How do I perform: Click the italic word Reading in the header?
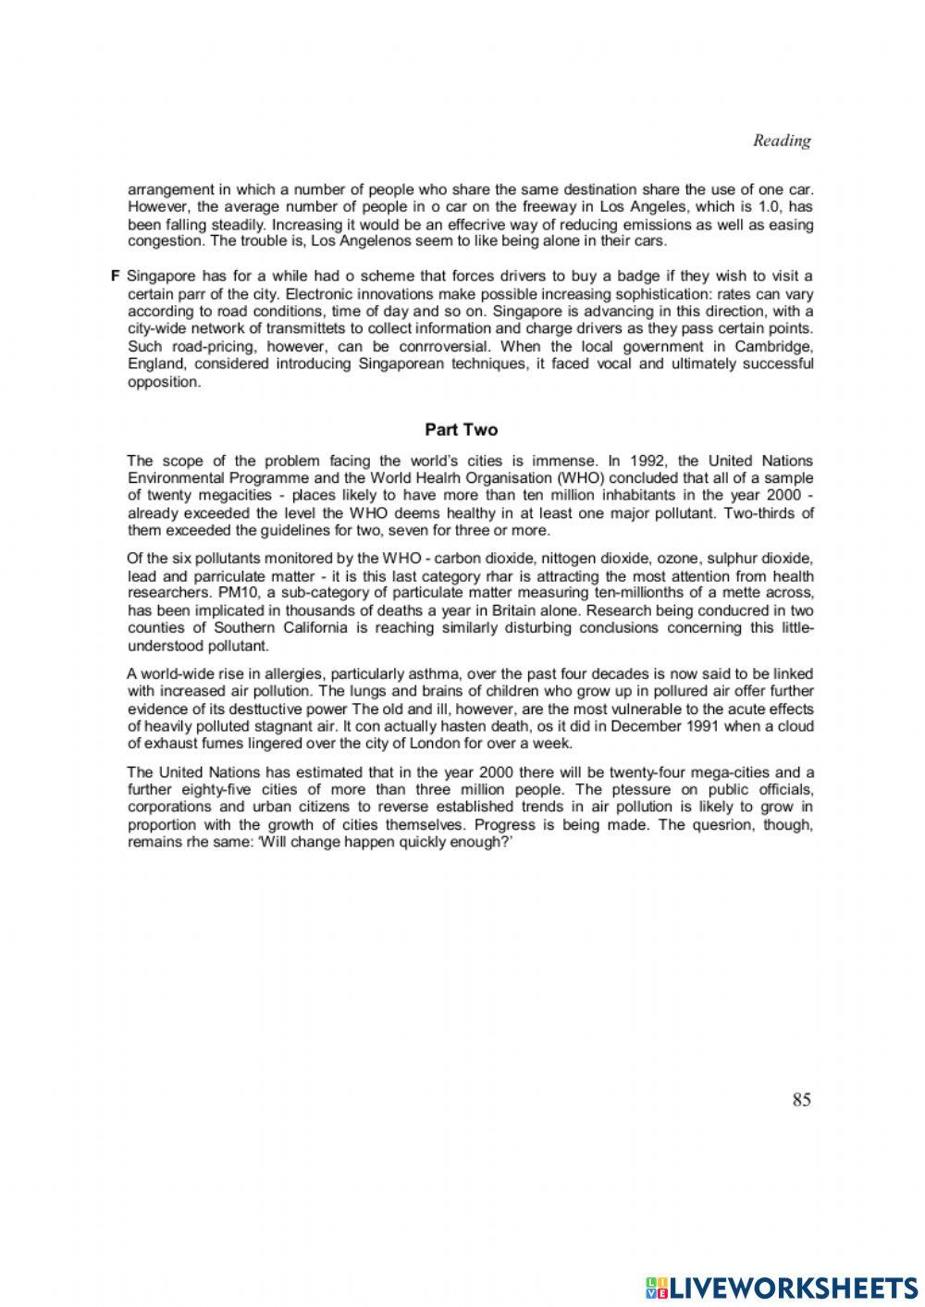coord(782,141)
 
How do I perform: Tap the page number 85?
coord(801,1099)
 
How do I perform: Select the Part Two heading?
coord(461,429)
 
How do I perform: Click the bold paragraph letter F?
coord(116,276)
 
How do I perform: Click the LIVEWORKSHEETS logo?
coord(781,1287)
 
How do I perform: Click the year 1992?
coord(647,460)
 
